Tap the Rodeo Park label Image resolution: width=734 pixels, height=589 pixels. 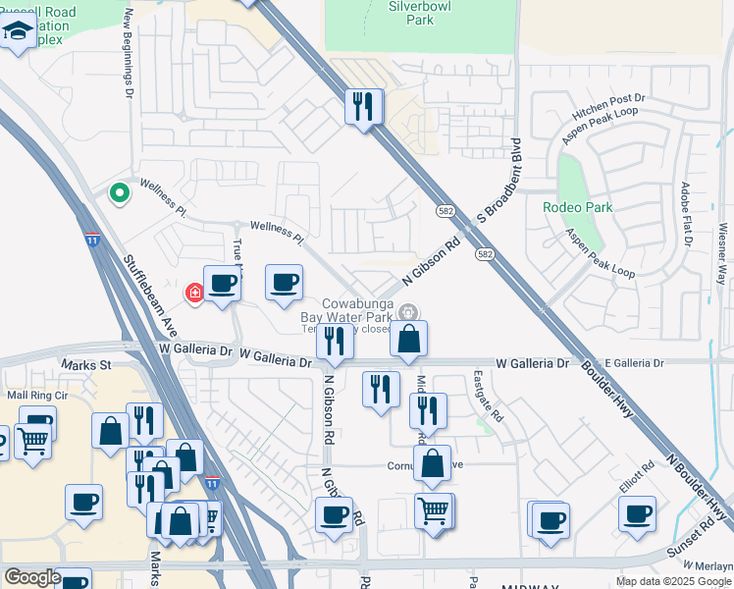pyautogui.click(x=578, y=207)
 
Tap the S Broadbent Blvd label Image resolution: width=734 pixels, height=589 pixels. pyautogui.click(x=497, y=217)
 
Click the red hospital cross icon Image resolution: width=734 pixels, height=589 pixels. pyautogui.click(x=195, y=292)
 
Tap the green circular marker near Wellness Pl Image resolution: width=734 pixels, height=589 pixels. pyautogui.click(x=120, y=193)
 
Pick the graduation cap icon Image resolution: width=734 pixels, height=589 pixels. pyautogui.click(x=18, y=34)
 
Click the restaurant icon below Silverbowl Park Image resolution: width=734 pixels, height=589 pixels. pyautogui.click(x=364, y=105)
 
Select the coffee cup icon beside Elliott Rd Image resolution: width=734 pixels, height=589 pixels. pyautogui.click(x=637, y=513)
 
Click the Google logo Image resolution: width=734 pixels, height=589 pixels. pyautogui.click(x=32, y=577)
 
